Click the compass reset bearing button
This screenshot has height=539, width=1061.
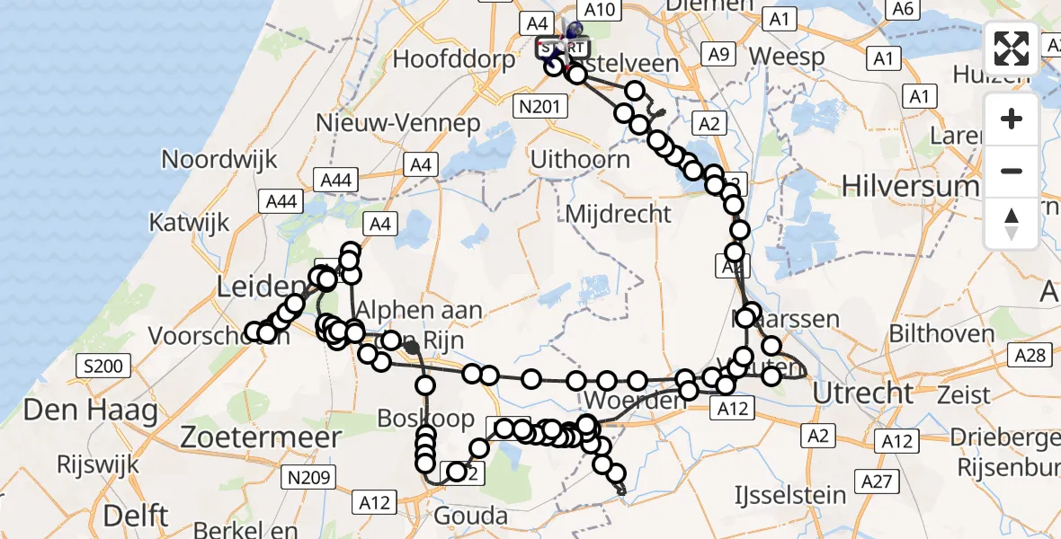pyautogui.click(x=1012, y=224)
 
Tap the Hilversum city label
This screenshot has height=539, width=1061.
pyautogui.click(x=910, y=186)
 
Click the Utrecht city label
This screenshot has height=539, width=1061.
pyautogui.click(x=863, y=393)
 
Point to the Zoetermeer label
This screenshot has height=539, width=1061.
pyautogui.click(x=262, y=437)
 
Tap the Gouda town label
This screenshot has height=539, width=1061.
pyautogui.click(x=471, y=516)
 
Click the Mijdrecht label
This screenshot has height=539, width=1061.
pyautogui.click(x=619, y=214)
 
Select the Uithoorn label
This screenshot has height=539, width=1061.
pyautogui.click(x=580, y=159)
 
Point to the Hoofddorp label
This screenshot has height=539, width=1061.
pyautogui.click(x=455, y=60)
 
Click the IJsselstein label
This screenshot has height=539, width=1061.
pyautogui.click(x=790, y=495)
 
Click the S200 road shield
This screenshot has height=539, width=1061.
pyautogui.click(x=104, y=366)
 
